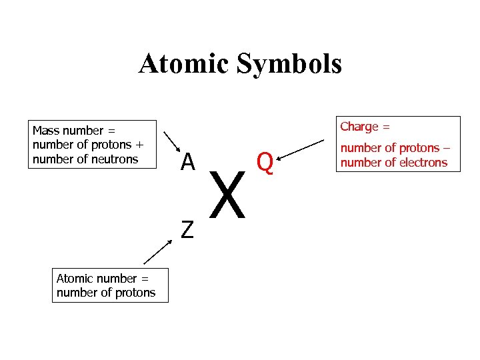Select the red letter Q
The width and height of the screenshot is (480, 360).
pos(265,162)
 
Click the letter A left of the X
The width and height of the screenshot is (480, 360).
pos(188,161)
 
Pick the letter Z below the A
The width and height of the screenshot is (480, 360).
pos(187,229)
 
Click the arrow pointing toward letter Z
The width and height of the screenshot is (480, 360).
pos(158,253)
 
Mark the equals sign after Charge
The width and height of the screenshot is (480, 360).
pos(386,127)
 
